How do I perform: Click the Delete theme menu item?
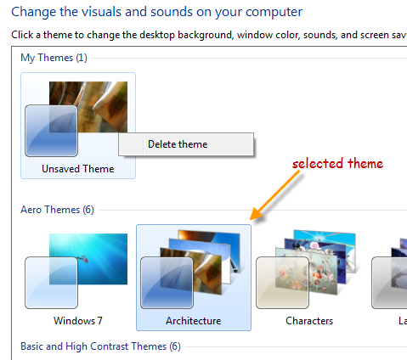(178, 144)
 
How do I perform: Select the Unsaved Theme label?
(78, 169)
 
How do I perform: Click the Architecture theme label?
(194, 321)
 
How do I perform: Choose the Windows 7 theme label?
(78, 321)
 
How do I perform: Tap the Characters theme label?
(309, 321)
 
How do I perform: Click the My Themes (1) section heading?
(54, 58)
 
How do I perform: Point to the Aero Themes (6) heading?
(57, 210)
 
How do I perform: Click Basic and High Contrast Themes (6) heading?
(100, 346)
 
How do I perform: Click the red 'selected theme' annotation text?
(337, 164)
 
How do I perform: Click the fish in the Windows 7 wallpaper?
(83, 259)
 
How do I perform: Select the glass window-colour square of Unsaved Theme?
(51, 131)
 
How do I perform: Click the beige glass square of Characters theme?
(282, 283)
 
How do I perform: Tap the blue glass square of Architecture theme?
(167, 283)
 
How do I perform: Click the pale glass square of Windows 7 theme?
(51, 283)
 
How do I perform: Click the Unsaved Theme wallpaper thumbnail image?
(88, 107)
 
